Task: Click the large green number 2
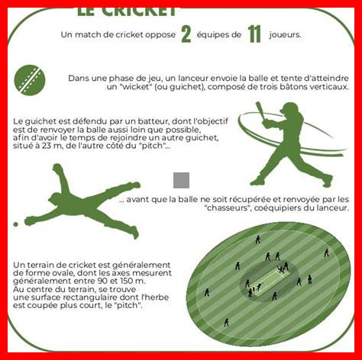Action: pyautogui.click(x=186, y=34)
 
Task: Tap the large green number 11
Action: pyautogui.click(x=255, y=34)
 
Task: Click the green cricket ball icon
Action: pyautogui.click(x=30, y=80)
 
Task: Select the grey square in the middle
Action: pyautogui.click(x=181, y=180)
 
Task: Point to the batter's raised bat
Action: pyautogui.click(x=261, y=112)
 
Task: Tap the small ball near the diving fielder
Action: pyautogui.click(x=15, y=224)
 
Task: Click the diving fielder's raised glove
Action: pyautogui.click(x=58, y=169)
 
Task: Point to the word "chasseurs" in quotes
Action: pyautogui.click(x=227, y=208)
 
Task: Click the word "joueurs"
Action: pyautogui.click(x=285, y=35)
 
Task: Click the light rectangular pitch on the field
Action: pyautogui.click(x=270, y=281)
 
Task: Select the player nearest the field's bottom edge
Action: pyautogui.click(x=226, y=323)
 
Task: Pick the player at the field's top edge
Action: pyautogui.click(x=257, y=239)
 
